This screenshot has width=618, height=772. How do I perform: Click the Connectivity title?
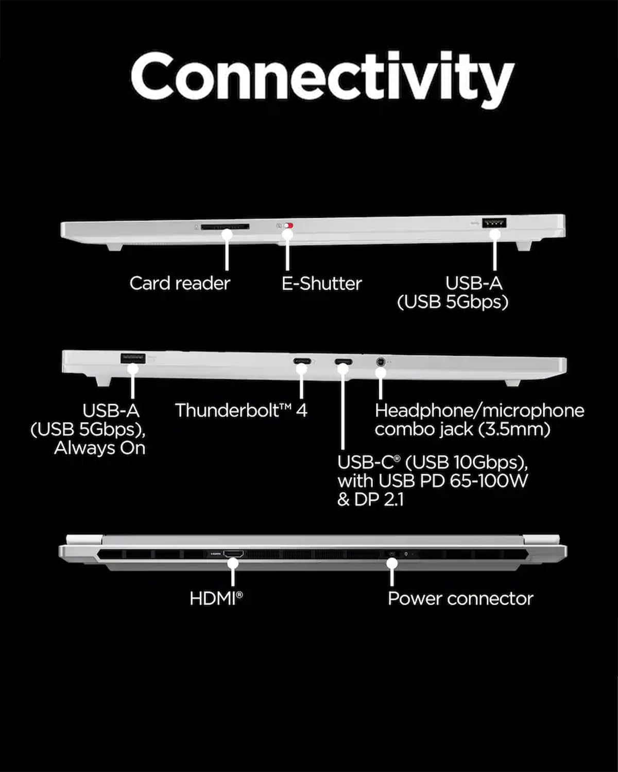tap(322, 77)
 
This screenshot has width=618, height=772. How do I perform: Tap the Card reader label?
tap(179, 283)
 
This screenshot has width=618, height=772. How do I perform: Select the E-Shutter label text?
tap(321, 283)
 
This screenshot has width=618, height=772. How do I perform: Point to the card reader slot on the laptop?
tap(225, 226)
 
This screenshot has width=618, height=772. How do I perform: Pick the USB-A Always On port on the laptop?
tap(132, 358)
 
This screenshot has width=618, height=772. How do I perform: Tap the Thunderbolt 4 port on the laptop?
tap(301, 361)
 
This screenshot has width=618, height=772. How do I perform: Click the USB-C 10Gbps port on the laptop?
tap(344, 361)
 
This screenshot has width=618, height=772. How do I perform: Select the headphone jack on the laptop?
tap(381, 361)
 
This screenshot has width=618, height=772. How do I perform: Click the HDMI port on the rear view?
tap(233, 554)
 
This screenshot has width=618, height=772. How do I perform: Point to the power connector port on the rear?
tap(392, 554)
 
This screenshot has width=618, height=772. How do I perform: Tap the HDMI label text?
tap(215, 599)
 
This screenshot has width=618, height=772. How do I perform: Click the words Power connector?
tap(460, 599)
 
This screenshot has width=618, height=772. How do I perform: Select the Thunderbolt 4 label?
tap(241, 410)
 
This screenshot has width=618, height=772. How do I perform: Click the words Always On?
tap(100, 448)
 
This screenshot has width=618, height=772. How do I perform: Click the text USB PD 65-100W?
tap(453, 481)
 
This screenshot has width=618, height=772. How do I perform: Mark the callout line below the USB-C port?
tap(343, 412)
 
